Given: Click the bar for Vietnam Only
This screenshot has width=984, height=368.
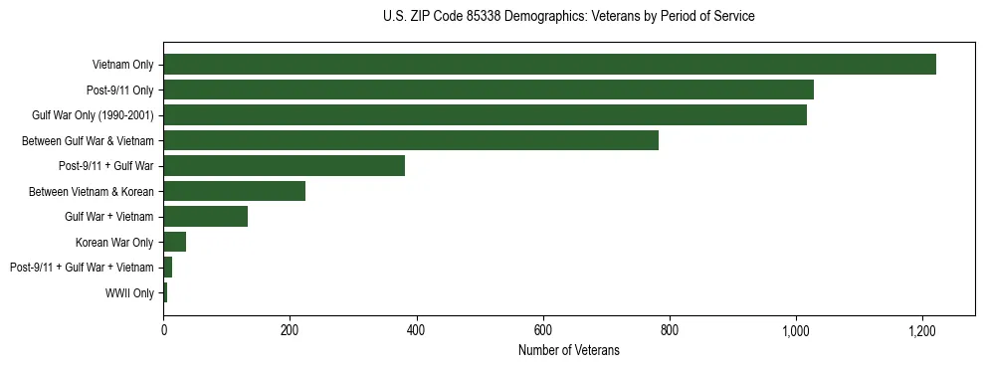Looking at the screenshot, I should (549, 65).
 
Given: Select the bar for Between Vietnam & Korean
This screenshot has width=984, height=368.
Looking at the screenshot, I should (234, 191).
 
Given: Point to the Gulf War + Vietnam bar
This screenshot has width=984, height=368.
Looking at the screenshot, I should (205, 217).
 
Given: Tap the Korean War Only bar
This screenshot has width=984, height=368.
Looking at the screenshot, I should (174, 242).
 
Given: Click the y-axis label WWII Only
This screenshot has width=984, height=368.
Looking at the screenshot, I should (129, 292).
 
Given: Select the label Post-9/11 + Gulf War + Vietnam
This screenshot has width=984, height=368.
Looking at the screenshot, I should (82, 268).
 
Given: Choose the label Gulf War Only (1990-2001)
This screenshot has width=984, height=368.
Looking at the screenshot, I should (93, 115).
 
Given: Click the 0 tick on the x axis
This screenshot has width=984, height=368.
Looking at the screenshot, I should (163, 329).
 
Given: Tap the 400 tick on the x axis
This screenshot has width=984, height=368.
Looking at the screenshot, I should (416, 329).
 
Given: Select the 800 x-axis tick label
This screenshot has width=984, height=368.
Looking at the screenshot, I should (670, 329).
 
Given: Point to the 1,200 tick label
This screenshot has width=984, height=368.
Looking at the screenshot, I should (922, 329).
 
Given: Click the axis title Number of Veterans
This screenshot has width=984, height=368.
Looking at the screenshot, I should (568, 350).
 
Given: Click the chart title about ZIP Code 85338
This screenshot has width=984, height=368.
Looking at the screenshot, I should (568, 17).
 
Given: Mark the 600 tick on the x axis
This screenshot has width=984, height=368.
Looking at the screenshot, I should (543, 329).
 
